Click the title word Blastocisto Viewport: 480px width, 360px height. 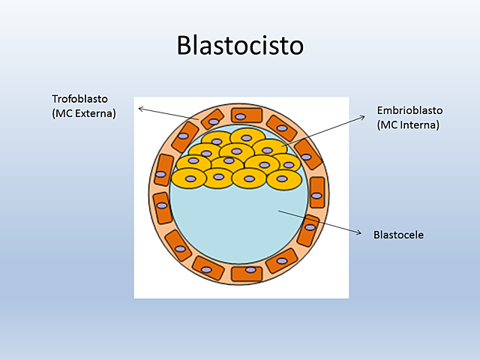[x=240, y=45]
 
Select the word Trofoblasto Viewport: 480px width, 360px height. [x=80, y=99]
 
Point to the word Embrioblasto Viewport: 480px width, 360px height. [x=409, y=111]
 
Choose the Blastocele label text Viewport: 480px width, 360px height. [x=398, y=235]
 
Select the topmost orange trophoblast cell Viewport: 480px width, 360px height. [x=247, y=115]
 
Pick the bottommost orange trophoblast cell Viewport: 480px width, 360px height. [x=247, y=273]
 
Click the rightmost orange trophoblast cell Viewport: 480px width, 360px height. [x=317, y=193]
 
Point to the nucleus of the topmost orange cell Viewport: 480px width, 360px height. [x=241, y=116]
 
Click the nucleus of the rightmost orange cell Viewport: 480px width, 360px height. [x=316, y=196]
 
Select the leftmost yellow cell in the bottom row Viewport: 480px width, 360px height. [x=188, y=178]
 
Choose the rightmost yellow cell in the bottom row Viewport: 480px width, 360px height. [x=283, y=179]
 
